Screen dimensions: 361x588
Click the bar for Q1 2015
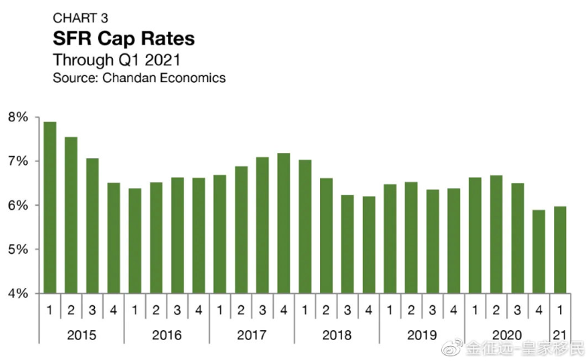pyautogui.click(x=50, y=207)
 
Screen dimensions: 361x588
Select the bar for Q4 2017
pyautogui.click(x=284, y=223)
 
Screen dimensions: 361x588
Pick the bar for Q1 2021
pyautogui.click(x=560, y=249)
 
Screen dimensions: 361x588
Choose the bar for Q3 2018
pyautogui.click(x=348, y=243)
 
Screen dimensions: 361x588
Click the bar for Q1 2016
pyautogui.click(x=135, y=240)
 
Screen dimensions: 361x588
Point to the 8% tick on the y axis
pyautogui.click(x=18, y=118)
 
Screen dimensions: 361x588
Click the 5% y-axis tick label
pyautogui.click(x=18, y=249)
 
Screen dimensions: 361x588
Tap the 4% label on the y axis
pyautogui.click(x=18, y=293)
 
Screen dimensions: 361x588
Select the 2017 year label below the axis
pyautogui.click(x=252, y=334)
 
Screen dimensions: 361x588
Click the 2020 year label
pyautogui.click(x=507, y=334)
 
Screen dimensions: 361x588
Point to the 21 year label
pyautogui.click(x=560, y=334)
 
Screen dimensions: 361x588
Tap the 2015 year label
pyautogui.click(x=81, y=334)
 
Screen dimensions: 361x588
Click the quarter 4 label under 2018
pyautogui.click(x=369, y=310)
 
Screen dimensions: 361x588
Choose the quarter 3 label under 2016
pyautogui.click(x=177, y=310)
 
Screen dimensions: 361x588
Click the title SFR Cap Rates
pyautogui.click(x=123, y=38)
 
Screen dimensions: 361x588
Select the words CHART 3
pyautogui.click(x=81, y=17)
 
